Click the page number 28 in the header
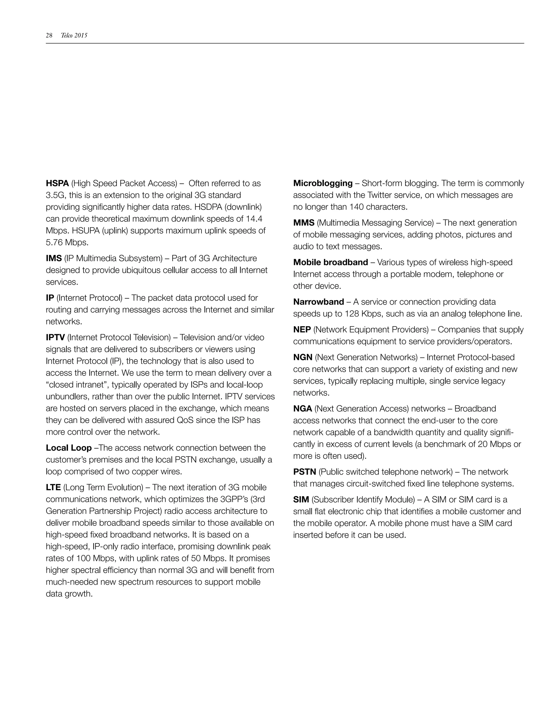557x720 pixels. [x=49, y=36]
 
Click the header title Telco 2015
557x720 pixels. [x=74, y=36]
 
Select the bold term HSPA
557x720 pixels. [x=57, y=183]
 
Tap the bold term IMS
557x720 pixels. [x=54, y=258]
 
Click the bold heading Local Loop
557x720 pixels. [x=69, y=448]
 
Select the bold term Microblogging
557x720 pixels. [x=323, y=183]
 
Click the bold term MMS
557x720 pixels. [x=304, y=223]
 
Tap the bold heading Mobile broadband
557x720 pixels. [x=330, y=262]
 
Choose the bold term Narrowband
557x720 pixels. [x=318, y=302]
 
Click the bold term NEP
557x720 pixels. [x=302, y=330]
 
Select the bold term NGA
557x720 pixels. [x=302, y=409]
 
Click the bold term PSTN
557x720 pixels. [x=305, y=472]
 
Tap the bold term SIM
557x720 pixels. [x=301, y=500]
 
